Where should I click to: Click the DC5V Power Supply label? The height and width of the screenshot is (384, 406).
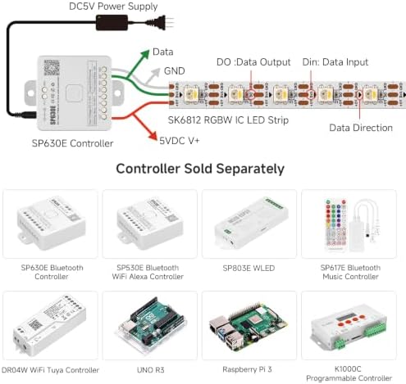[x=113, y=7]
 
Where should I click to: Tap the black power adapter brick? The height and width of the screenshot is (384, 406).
[x=112, y=23]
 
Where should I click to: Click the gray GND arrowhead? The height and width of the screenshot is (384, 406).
[x=156, y=72]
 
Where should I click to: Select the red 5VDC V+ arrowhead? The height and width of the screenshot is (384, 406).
[x=153, y=136]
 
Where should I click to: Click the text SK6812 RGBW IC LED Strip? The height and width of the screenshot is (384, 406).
[x=228, y=120]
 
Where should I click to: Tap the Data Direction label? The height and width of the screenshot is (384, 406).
[x=361, y=128]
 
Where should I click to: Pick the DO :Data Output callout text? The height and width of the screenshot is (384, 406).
[x=253, y=62]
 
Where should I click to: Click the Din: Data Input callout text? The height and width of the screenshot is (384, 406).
[x=335, y=62]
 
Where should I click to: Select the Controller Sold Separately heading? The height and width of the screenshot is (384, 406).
[x=200, y=169]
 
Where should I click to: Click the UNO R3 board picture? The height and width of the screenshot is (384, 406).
[x=151, y=325]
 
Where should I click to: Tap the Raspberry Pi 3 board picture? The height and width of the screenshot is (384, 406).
[x=249, y=326]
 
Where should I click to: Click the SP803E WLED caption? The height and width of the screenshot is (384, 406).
[x=249, y=268]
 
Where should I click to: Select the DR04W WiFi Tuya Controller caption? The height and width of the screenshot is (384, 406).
[x=50, y=370]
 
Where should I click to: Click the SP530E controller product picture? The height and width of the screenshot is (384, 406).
[x=150, y=224]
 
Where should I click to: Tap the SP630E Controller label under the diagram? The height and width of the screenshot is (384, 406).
[x=72, y=143]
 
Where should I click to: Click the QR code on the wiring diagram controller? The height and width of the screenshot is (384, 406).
[x=52, y=68]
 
